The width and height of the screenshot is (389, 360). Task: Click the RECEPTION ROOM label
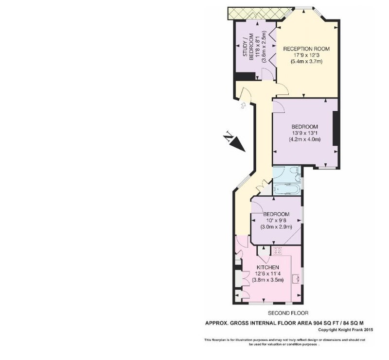(306, 49)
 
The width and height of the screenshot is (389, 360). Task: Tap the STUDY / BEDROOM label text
(248, 47)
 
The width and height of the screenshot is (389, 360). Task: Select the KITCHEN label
(268, 267)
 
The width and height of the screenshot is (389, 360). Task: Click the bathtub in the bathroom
(287, 189)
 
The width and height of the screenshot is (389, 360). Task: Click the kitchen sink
(296, 279)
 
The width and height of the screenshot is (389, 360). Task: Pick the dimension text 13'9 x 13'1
(305, 133)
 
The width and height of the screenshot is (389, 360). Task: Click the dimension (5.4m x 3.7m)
(306, 61)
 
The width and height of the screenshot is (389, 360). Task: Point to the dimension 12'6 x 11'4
(268, 274)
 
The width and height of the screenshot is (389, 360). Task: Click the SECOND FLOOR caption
(288, 313)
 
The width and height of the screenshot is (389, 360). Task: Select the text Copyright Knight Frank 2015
(346, 330)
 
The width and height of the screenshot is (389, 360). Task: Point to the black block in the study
(246, 76)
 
